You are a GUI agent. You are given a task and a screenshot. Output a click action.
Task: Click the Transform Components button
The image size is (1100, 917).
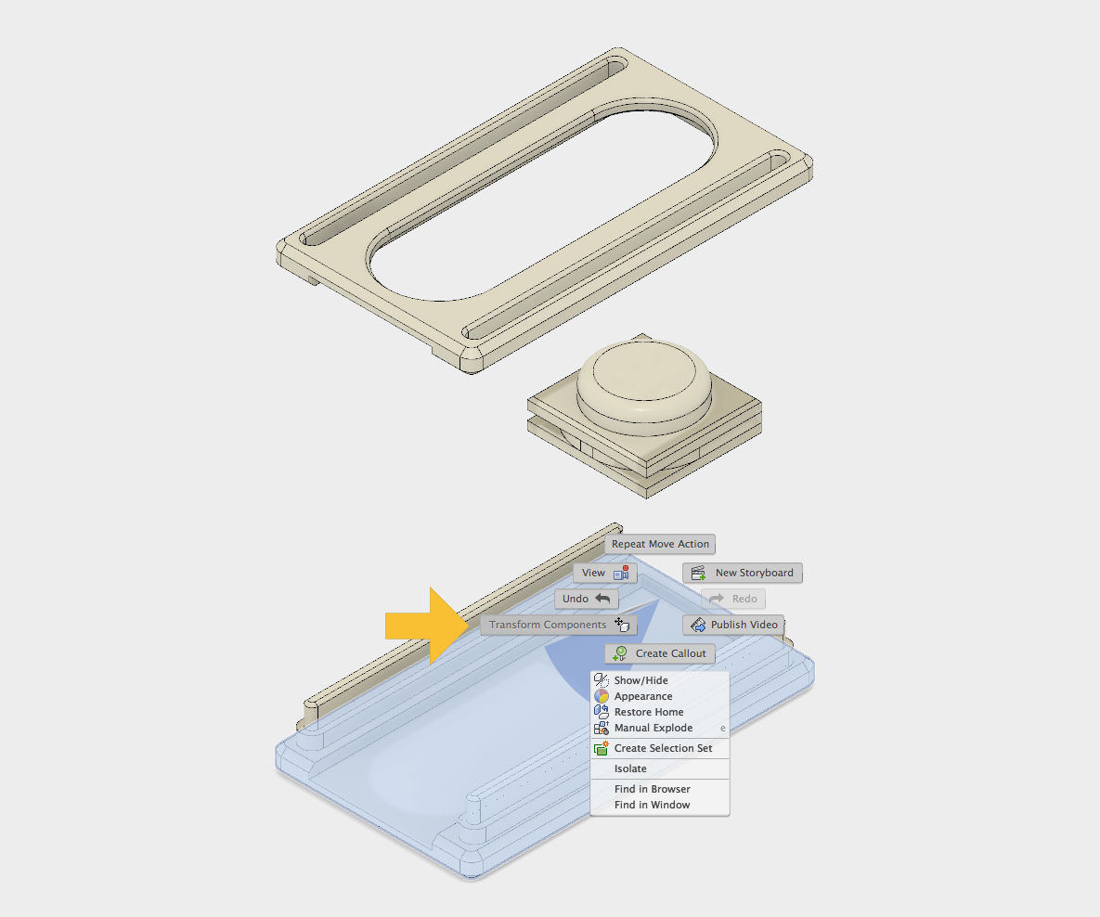558,625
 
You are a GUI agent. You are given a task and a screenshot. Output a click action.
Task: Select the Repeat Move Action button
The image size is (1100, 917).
660,544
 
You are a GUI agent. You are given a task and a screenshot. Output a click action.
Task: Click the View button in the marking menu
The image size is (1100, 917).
604,573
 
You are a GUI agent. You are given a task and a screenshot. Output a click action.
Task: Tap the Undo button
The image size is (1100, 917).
586,599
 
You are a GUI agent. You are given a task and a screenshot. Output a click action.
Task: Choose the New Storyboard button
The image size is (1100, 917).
742,573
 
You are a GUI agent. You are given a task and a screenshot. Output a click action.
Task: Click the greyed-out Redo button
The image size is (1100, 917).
733,599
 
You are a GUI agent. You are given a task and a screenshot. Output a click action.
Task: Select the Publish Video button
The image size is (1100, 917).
733,625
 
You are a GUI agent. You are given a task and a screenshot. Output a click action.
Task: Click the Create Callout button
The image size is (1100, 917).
660,653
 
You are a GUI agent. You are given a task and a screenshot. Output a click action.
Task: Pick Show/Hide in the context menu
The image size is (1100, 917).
641,680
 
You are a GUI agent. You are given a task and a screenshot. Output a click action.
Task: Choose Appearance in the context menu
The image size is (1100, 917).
642,696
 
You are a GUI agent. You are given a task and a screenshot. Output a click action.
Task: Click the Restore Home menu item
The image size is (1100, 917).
648,712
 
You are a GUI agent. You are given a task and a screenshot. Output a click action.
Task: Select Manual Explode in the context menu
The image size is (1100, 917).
653,728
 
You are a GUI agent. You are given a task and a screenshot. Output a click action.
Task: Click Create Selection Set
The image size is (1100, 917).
663,748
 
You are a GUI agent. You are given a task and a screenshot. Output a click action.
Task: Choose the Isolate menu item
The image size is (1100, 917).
630,768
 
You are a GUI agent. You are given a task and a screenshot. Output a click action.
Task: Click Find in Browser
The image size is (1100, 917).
652,789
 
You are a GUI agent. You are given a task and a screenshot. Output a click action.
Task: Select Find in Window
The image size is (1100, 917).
652,805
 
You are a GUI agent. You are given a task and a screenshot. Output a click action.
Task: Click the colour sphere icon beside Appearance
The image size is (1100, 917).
602,696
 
